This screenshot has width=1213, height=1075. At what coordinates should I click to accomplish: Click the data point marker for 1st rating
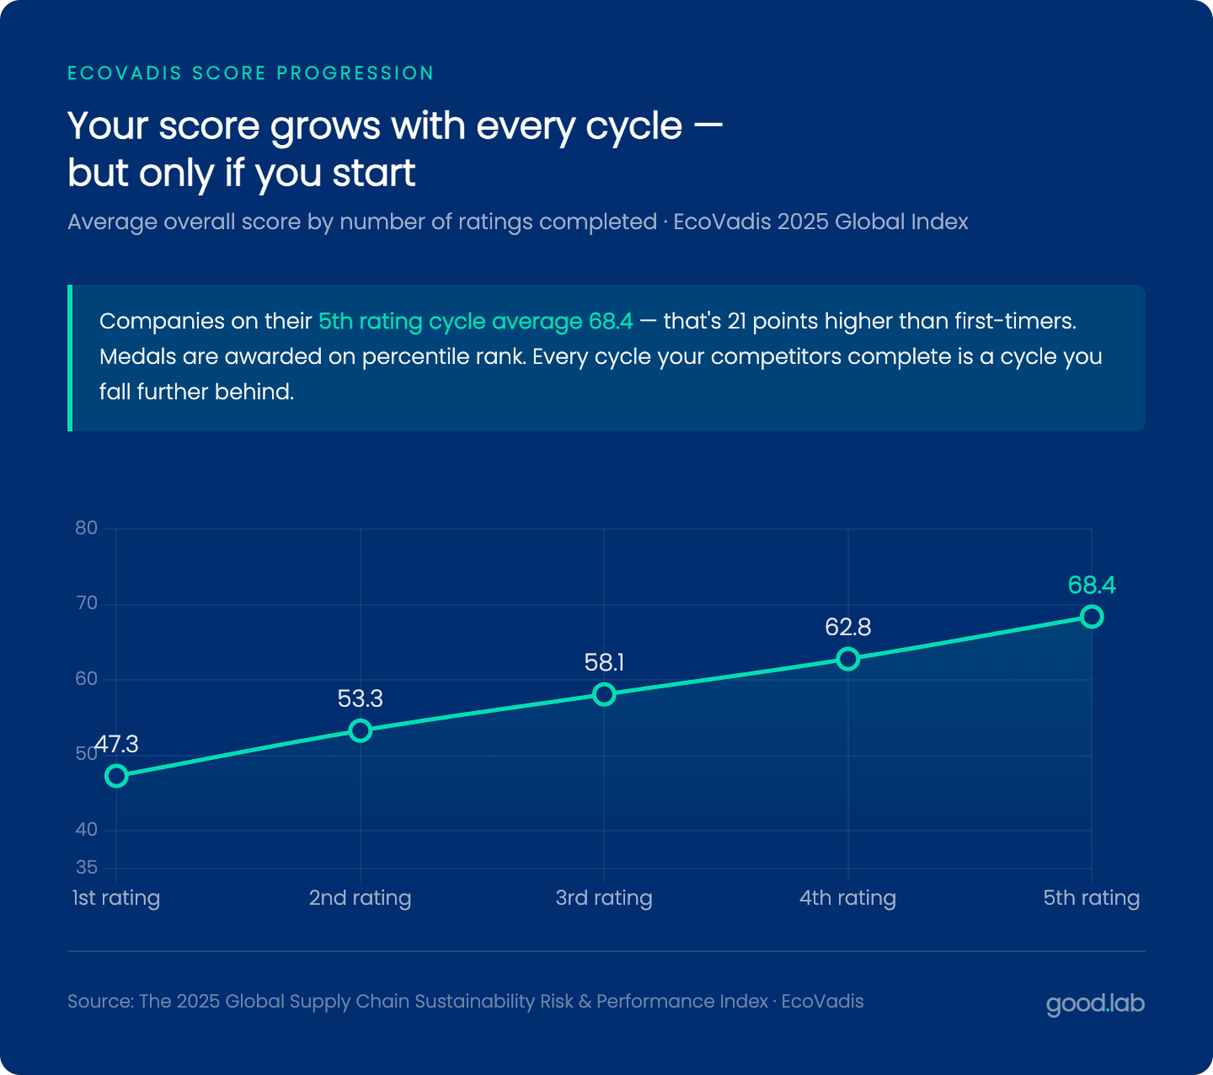[116, 776]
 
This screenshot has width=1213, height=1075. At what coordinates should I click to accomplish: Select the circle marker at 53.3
[361, 730]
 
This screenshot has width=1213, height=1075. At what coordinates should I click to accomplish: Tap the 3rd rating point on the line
[604, 694]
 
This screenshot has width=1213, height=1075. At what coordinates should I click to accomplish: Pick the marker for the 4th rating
[848, 659]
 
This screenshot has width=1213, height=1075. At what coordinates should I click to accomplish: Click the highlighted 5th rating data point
[1092, 617]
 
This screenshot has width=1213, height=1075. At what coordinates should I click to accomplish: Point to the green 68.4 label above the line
[1092, 585]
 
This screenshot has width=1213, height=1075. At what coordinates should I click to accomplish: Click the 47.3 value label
[116, 744]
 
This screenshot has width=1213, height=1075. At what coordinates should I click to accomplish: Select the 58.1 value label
[604, 662]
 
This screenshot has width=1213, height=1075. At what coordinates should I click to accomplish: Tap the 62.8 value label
[848, 627]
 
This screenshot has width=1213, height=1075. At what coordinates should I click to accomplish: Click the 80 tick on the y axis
[86, 528]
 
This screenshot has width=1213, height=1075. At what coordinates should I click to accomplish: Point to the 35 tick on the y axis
[86, 867]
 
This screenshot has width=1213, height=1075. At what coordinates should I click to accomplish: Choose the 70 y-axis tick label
[86, 603]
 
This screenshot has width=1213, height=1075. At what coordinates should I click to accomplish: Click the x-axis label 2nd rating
[361, 897]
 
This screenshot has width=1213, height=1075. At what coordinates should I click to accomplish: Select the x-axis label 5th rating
[1092, 897]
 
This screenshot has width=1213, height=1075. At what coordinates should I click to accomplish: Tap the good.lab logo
[1095, 1003]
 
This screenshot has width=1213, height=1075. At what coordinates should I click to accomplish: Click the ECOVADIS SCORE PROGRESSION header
[250, 73]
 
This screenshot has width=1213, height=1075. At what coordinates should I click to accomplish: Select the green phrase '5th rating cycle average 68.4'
[475, 321]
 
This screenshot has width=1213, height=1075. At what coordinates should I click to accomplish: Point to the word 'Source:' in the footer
[100, 1001]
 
